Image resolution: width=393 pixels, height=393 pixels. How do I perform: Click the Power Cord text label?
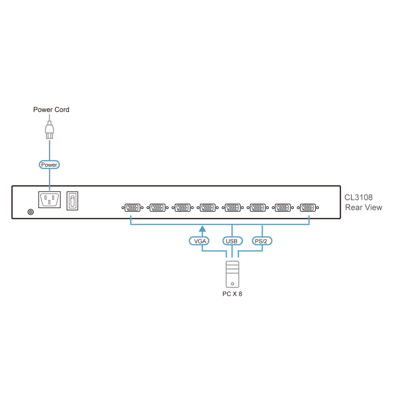[x=51, y=110]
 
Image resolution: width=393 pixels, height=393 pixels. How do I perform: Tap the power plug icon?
[x=49, y=130]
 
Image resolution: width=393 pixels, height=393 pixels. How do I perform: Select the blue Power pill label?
[x=49, y=165]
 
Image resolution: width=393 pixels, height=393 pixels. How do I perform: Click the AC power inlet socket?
[x=49, y=199]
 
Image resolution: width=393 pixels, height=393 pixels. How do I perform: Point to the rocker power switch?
[x=72, y=201]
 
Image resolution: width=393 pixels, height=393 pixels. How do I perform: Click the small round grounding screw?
[x=31, y=212]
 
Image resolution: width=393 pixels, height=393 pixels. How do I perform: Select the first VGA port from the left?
[x=132, y=208]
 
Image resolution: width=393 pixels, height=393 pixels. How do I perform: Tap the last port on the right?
[x=308, y=208]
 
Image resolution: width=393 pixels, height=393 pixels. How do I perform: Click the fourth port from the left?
[x=208, y=208]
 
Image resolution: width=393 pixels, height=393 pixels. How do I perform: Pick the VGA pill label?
[x=199, y=241]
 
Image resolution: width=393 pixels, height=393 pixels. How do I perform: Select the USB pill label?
[x=232, y=241]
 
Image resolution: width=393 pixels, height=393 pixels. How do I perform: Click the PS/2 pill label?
[x=261, y=241]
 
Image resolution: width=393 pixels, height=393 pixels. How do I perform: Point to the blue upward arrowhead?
[x=202, y=229]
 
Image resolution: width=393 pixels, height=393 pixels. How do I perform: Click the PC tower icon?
[x=233, y=274]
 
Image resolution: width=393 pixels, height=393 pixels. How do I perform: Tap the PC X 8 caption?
[x=232, y=294]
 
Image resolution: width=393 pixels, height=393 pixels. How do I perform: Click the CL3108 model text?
[x=358, y=197]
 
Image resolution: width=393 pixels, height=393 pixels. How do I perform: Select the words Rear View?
[x=364, y=208]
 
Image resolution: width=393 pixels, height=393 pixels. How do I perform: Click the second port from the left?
[x=158, y=208]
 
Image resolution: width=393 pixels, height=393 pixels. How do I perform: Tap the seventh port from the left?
[x=283, y=208]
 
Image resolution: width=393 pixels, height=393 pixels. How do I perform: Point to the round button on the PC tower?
[x=233, y=284]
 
